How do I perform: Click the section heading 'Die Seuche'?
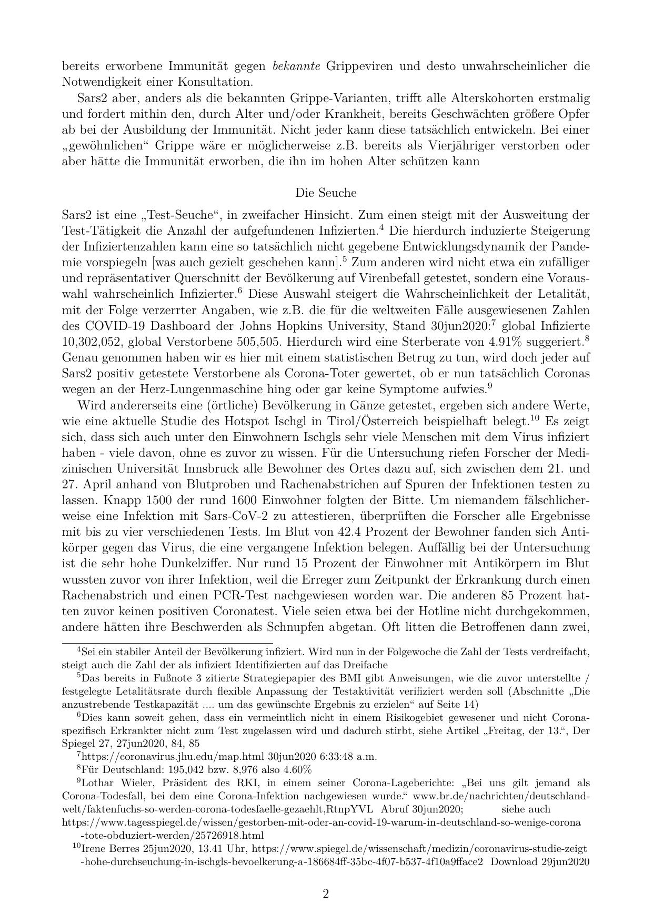coord(326,193)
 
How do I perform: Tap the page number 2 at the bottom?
coord(326,894)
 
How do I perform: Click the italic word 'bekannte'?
coord(297,66)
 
